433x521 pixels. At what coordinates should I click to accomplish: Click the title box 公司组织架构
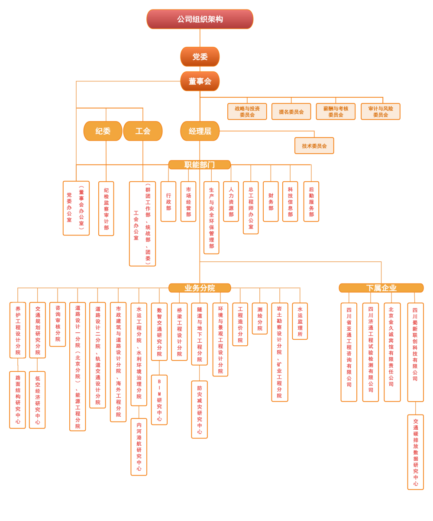tap(200, 19)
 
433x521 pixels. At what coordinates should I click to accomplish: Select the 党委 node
tap(200, 57)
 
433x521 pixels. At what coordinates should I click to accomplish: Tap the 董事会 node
tap(200, 81)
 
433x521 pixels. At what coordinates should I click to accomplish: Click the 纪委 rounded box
tap(103, 131)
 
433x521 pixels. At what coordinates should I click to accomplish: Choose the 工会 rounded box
tap(142, 131)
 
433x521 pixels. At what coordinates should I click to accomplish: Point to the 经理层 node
tap(200, 131)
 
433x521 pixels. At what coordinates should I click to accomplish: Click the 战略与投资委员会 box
tap(247, 112)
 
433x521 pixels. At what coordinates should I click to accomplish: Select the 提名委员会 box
tap(291, 112)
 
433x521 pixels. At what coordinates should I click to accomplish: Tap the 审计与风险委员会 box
tap(380, 112)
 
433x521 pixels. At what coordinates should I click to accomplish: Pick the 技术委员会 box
tap(314, 146)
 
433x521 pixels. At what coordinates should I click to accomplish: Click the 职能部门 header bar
tap(199, 165)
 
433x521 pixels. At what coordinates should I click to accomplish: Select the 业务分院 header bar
tap(199, 288)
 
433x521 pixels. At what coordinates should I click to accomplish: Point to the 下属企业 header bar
tap(381, 288)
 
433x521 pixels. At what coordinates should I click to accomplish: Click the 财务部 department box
tap(271, 202)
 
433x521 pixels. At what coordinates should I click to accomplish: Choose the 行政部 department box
tap(168, 202)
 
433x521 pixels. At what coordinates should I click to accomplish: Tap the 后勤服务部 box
tap(311, 202)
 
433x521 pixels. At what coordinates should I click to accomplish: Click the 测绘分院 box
tap(259, 318)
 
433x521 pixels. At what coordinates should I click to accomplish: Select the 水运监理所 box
tap(300, 321)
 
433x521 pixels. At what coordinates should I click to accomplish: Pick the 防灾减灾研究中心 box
tap(199, 409)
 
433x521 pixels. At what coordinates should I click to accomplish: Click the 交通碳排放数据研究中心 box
tap(415, 452)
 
